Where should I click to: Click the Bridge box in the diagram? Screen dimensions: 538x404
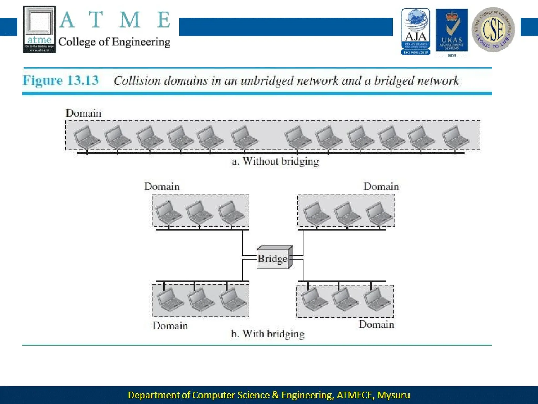pyautogui.click(x=273, y=258)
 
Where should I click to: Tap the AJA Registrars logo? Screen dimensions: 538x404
pyautogui.click(x=416, y=31)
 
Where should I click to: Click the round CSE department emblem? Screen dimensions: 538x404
pyautogui.click(x=493, y=29)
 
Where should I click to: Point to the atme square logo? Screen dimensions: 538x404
pyautogui.click(x=39, y=29)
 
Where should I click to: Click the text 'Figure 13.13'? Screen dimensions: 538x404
pyautogui.click(x=61, y=80)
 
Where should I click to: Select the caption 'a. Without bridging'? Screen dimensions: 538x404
pyautogui.click(x=275, y=161)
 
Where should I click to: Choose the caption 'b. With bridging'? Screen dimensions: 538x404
pyautogui.click(x=268, y=334)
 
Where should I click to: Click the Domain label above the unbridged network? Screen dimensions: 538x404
pyautogui.click(x=83, y=113)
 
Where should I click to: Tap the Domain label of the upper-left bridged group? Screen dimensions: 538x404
pyautogui.click(x=162, y=186)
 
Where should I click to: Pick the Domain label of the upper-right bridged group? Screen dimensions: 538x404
pyautogui.click(x=381, y=186)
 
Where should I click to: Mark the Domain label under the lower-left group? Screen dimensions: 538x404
pyautogui.click(x=170, y=326)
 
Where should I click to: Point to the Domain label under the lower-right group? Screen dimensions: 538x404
pyautogui.click(x=376, y=325)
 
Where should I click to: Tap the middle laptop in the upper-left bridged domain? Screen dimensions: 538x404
pyautogui.click(x=199, y=212)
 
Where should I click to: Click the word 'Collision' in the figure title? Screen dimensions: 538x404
pyautogui.click(x=137, y=81)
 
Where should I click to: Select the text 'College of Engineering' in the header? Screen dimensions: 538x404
pyautogui.click(x=114, y=42)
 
